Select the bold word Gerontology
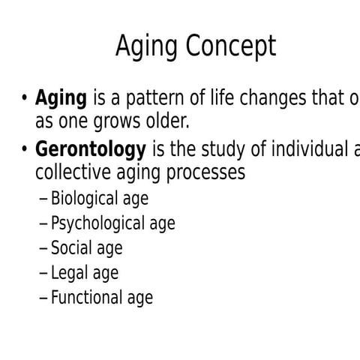(91, 151)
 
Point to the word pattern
(157, 99)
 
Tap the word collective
(70, 172)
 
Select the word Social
(72, 248)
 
